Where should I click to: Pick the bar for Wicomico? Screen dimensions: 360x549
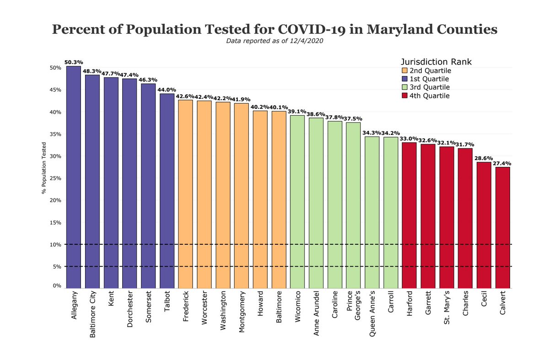(x=297, y=202)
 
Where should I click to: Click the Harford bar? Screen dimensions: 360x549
(x=409, y=215)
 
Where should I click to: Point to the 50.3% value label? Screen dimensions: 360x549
(x=74, y=62)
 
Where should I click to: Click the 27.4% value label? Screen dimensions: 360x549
(x=502, y=163)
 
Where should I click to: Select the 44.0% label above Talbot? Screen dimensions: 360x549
(x=167, y=90)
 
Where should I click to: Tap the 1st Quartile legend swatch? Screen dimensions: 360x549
(x=404, y=79)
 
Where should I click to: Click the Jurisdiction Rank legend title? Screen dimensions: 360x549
(x=436, y=61)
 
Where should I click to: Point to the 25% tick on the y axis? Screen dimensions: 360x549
(x=55, y=178)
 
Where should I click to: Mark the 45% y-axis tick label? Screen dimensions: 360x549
(x=55, y=90)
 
